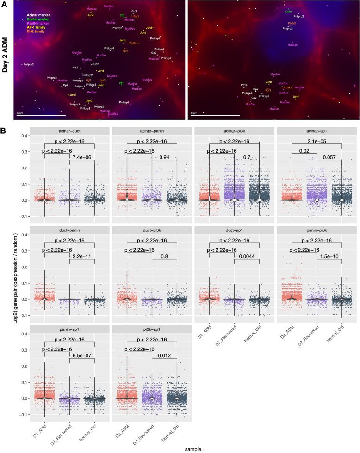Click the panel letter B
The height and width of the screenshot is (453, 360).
[x=3, y=131]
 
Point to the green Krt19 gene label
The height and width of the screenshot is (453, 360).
[x=288, y=12]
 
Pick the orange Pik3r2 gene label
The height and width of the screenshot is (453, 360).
[x=292, y=23]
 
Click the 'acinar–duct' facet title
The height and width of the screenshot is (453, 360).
[x=69, y=131]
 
